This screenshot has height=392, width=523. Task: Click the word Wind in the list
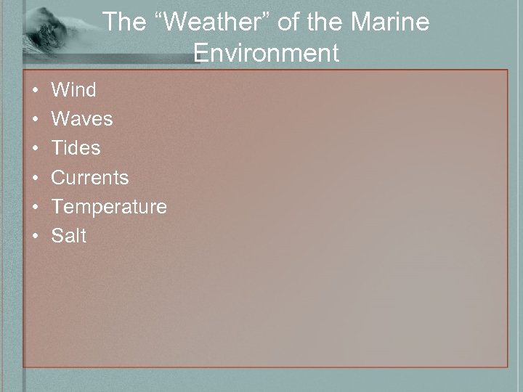[x=73, y=90]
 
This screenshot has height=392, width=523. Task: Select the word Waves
[x=82, y=119]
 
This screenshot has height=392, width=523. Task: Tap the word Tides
[x=76, y=148]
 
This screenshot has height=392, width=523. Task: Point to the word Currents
[x=90, y=178]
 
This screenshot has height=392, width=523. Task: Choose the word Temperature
[x=109, y=207]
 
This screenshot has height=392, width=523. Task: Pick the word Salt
[x=69, y=236]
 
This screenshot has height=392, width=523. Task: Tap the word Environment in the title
[x=267, y=53]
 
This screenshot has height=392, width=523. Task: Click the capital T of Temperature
[x=57, y=207]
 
